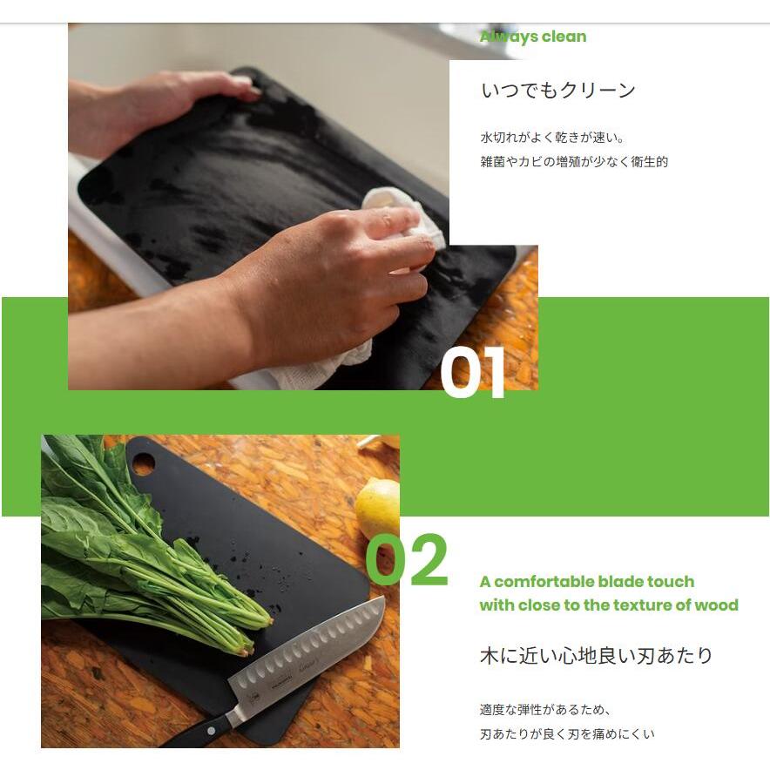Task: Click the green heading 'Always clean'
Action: click(532, 37)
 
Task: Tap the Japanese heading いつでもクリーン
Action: click(558, 90)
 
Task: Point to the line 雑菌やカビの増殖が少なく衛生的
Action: click(574, 161)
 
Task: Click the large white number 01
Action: click(472, 373)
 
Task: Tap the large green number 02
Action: click(407, 561)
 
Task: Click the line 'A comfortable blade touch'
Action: click(586, 582)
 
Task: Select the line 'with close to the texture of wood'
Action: click(608, 605)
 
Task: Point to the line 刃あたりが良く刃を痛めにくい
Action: click(567, 734)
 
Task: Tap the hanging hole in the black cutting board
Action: click(144, 462)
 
